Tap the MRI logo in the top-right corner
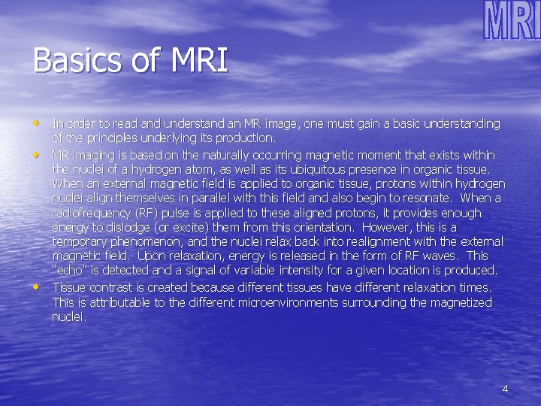click(x=511, y=21)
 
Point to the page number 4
click(x=505, y=389)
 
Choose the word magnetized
click(x=455, y=302)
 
